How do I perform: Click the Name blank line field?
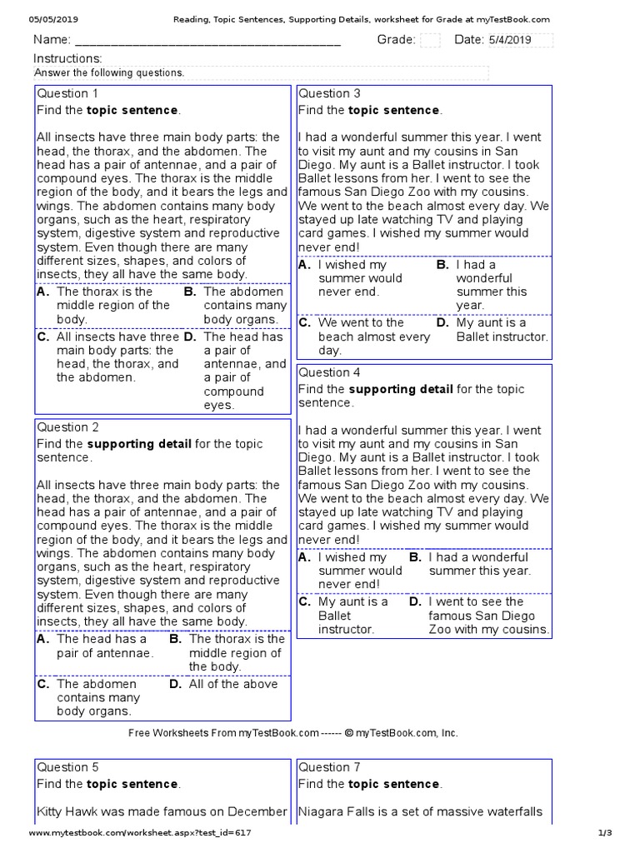point(208,41)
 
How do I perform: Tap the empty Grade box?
point(430,40)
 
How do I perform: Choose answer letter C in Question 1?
point(43,337)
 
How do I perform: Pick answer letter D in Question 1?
point(190,337)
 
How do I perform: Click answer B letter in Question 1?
point(190,292)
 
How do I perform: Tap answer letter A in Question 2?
point(43,640)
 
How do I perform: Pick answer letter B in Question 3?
point(442,265)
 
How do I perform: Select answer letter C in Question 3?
point(305,322)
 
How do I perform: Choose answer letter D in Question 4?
point(415,601)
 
